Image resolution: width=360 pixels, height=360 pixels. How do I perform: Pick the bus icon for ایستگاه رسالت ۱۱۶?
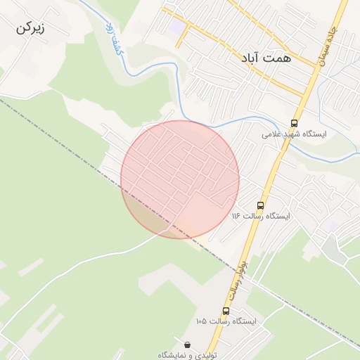[261, 206]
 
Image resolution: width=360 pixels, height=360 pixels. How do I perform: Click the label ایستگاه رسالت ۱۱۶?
[261, 216]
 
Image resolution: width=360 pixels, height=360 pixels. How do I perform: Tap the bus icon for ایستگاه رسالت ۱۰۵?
[226, 311]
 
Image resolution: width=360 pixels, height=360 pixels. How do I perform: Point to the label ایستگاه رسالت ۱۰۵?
[226, 321]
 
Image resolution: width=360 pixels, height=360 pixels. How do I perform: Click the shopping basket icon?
[188, 345]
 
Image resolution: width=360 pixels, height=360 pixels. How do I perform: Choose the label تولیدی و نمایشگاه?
[188, 355]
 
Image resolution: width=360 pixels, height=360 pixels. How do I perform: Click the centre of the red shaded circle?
[180, 179]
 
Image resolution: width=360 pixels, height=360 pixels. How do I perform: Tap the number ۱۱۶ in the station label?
[237, 216]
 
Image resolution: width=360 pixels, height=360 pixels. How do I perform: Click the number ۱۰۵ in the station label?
[202, 321]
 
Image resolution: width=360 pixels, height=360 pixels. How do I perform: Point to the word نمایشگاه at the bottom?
[172, 355]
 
